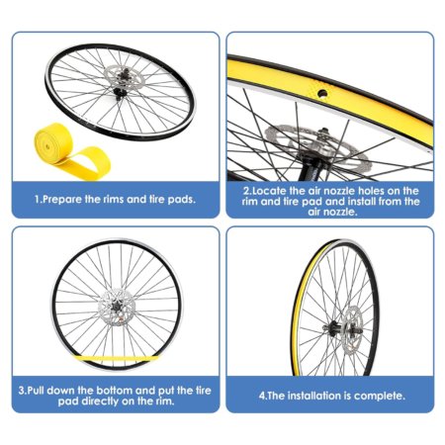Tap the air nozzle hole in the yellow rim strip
322,94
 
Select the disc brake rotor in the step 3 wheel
117,308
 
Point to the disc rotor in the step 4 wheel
353,327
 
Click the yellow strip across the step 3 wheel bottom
115,358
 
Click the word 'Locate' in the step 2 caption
270,191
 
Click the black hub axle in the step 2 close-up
311,166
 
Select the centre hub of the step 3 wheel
117,308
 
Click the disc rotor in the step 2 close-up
316,145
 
